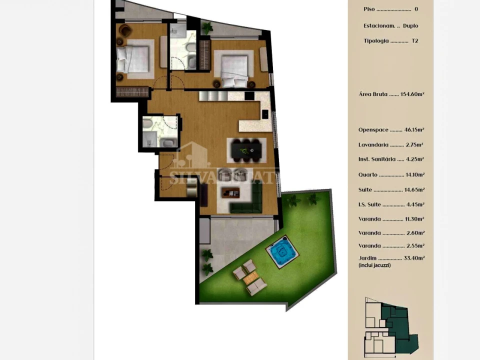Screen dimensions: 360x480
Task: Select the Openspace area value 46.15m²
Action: (414, 129)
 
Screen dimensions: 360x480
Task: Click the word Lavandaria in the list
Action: (373, 144)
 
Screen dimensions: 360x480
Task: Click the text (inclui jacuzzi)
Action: (374, 265)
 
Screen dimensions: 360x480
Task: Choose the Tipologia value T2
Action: (415, 41)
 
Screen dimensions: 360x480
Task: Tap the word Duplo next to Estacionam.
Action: (410, 25)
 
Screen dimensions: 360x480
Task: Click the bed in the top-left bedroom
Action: (133, 58)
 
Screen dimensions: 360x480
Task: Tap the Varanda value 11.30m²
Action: (414, 219)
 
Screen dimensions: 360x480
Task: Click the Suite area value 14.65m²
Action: (414, 189)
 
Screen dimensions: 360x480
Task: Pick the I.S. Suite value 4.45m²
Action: (415, 204)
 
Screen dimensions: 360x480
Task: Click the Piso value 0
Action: (416, 9)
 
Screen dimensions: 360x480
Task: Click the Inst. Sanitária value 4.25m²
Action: (415, 159)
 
